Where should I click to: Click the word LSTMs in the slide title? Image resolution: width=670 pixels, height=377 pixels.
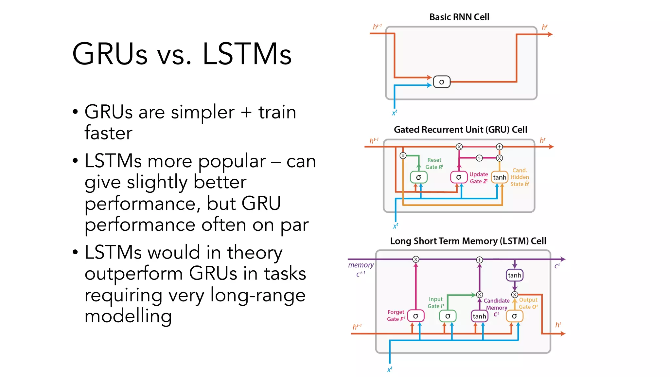247,54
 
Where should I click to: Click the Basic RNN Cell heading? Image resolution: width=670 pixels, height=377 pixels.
459,17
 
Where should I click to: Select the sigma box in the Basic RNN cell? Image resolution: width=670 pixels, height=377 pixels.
442,82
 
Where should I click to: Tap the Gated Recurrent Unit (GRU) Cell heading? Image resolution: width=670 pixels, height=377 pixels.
460,130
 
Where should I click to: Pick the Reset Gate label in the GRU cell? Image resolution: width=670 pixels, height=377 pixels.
434,163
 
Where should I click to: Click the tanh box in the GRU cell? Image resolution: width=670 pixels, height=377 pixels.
499,177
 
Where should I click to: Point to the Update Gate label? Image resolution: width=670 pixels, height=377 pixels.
479,178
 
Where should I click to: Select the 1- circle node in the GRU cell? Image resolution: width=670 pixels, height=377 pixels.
479,158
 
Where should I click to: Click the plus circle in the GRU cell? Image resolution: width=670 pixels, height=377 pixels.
499,147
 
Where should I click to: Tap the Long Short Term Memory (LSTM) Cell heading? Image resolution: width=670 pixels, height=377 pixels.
468,241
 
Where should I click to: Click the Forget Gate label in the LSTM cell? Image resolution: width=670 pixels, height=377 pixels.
396,315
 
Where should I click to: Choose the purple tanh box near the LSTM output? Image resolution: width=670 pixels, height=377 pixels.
514,275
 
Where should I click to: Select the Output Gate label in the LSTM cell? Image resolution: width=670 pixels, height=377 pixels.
528,303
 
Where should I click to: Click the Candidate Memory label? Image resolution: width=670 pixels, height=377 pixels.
496,304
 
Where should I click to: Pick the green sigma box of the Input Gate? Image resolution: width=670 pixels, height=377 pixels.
448,316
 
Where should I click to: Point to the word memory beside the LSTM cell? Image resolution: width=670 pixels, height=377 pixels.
361,265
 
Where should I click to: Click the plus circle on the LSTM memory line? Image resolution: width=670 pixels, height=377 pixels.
479,260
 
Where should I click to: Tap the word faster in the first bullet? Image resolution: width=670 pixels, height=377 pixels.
108,133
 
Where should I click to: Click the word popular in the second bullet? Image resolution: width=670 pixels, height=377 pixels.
232,161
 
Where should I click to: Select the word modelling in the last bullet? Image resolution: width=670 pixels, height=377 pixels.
128,316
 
